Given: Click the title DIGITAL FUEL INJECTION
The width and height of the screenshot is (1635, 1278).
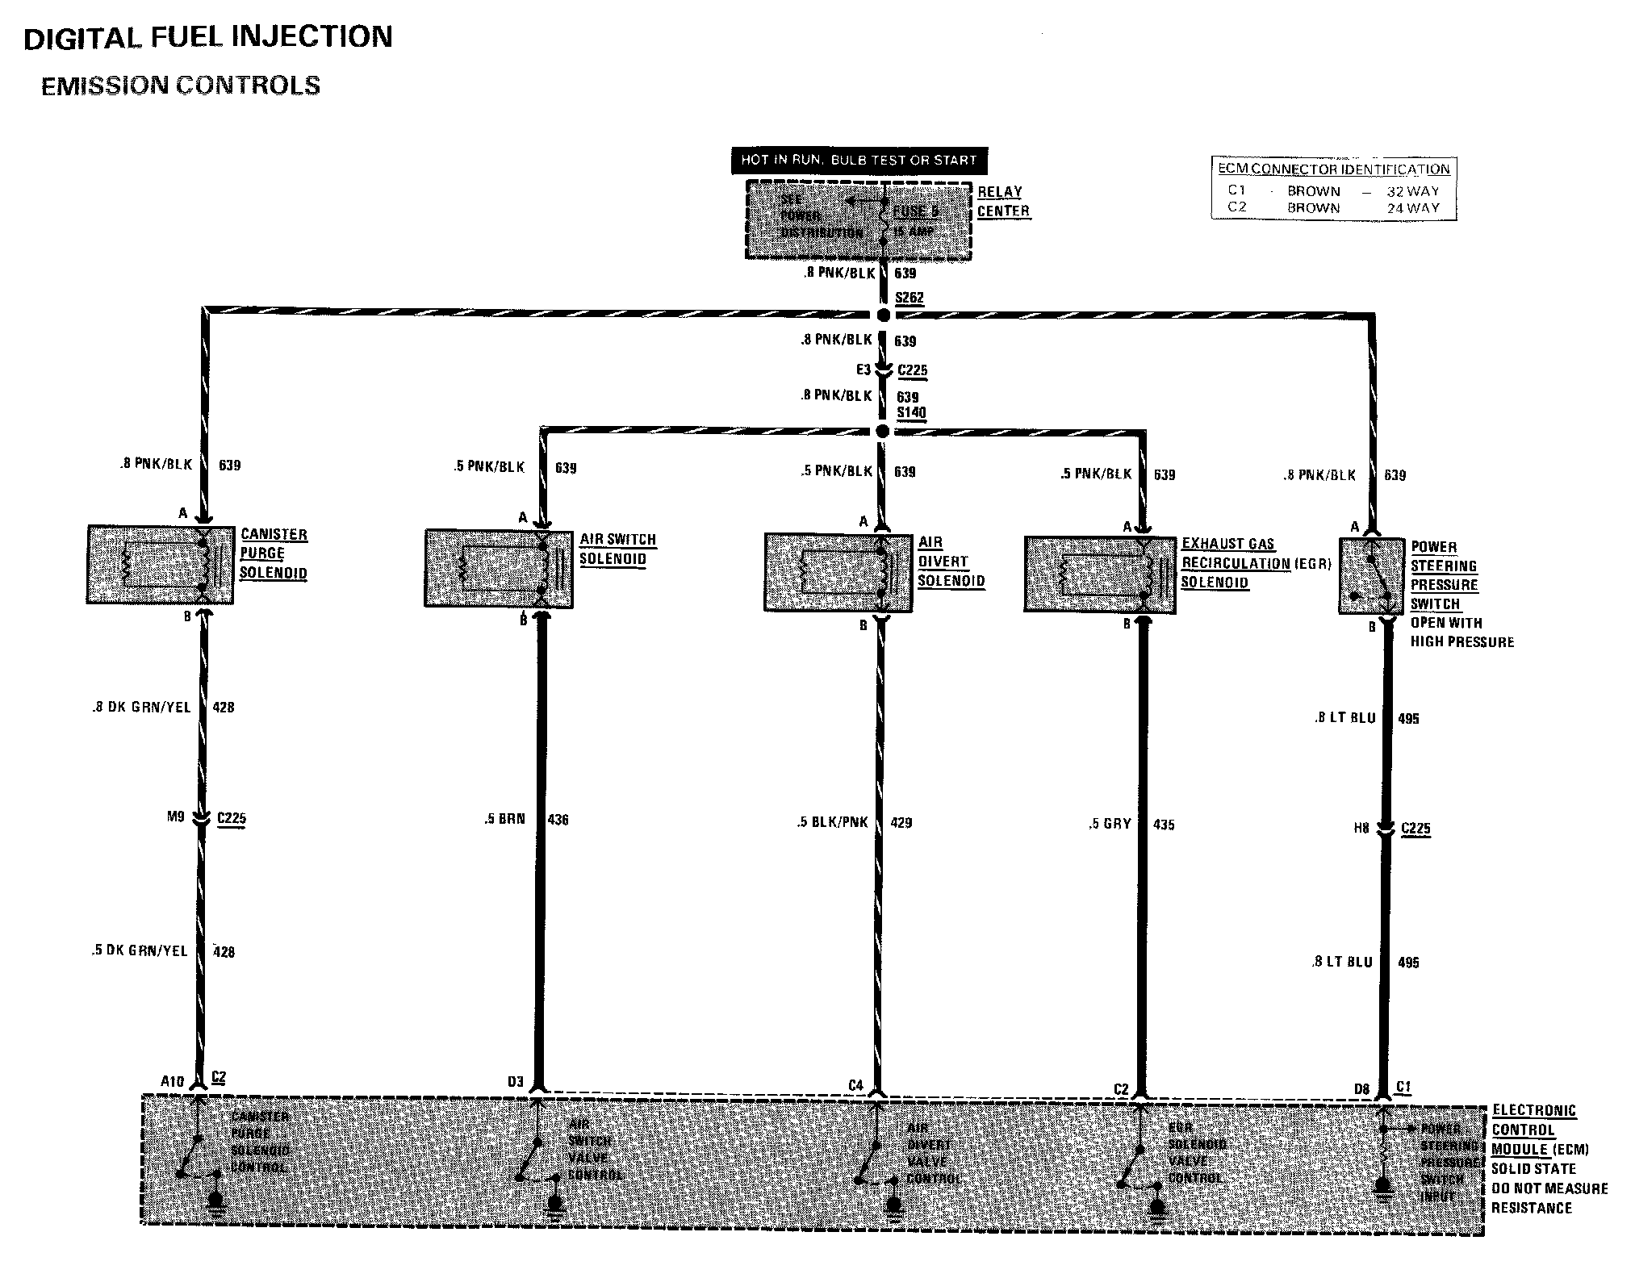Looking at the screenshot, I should (208, 38).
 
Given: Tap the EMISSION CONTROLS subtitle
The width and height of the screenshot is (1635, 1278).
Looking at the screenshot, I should (181, 86).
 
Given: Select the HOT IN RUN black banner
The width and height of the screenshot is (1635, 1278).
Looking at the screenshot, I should (859, 161).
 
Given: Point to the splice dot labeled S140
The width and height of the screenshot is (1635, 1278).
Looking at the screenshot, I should (883, 432).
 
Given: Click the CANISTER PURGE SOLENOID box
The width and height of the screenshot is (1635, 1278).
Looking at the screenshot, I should (160, 564).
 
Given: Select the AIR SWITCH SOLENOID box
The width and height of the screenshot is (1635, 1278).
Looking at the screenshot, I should (499, 568).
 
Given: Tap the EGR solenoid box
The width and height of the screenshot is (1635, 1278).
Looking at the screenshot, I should (1099, 574).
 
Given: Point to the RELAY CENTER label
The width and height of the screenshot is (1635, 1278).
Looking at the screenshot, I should (1003, 202).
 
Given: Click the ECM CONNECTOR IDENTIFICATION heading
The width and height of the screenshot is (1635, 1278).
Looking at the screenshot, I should (1333, 169).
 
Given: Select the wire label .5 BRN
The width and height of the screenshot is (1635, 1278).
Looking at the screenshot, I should (504, 819).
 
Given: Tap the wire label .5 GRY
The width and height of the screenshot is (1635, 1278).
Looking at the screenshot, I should (1110, 824).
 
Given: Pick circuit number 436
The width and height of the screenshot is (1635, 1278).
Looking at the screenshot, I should (558, 820).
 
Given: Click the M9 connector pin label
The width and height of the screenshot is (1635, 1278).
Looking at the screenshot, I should (176, 816).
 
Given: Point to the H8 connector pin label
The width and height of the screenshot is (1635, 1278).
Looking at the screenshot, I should (1361, 828).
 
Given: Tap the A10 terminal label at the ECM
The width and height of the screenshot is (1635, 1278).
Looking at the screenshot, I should (172, 1081).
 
